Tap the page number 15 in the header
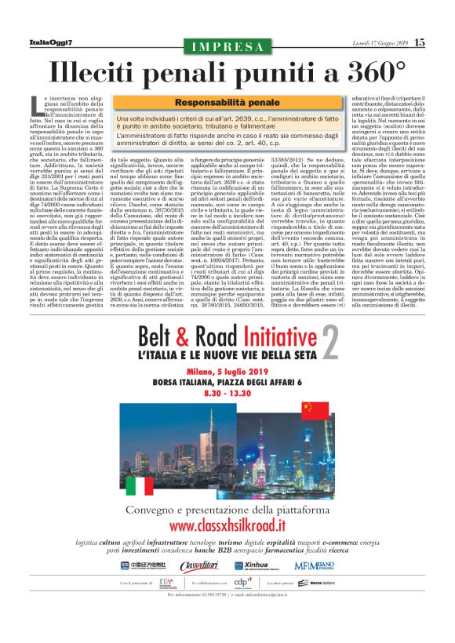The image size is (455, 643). tap(420, 42)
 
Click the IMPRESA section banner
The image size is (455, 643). tap(227, 44)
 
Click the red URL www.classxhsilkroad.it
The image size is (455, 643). tap(227, 525)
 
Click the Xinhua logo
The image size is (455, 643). tap(260, 565)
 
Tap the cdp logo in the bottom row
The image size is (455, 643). tap(245, 582)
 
